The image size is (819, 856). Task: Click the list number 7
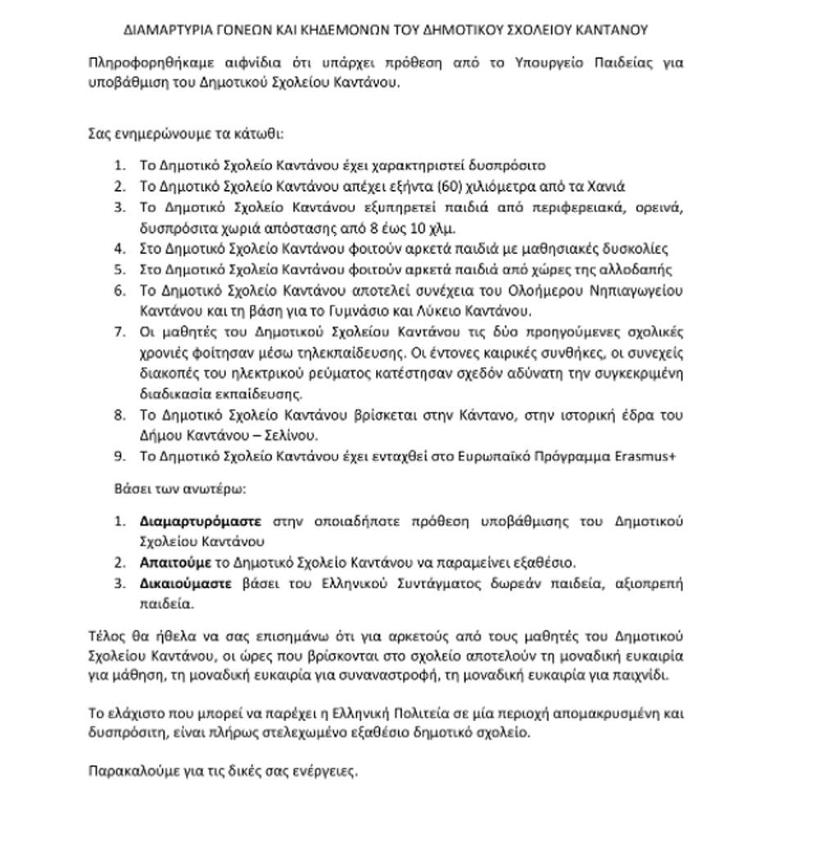120,333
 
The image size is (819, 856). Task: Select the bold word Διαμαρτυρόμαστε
201,521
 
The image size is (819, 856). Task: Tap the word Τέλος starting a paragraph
104,636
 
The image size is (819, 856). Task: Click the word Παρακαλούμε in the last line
128,772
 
